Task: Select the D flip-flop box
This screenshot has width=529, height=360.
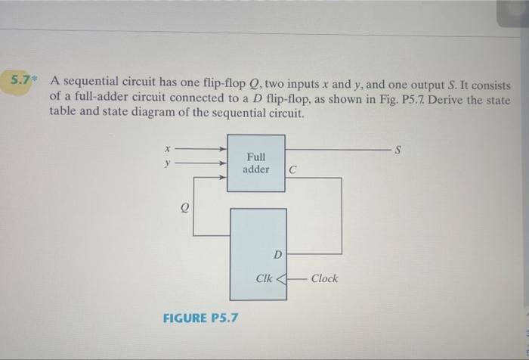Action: click(258, 247)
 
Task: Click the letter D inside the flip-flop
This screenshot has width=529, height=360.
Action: click(277, 253)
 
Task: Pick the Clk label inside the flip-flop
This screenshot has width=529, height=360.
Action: click(264, 278)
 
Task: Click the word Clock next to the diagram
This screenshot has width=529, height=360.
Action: click(324, 278)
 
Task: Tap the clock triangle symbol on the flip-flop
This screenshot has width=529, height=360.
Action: click(283, 278)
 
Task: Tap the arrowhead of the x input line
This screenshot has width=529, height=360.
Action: click(223, 148)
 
